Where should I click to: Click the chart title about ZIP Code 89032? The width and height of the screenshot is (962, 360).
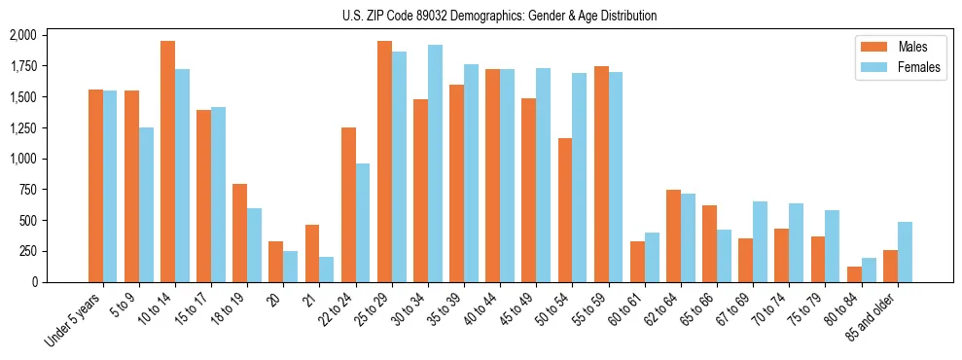tap(499, 16)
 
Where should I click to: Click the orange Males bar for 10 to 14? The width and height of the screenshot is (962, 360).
tap(167, 162)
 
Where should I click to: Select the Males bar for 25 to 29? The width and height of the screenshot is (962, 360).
tap(384, 162)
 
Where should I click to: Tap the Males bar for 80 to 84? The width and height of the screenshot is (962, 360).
tap(854, 274)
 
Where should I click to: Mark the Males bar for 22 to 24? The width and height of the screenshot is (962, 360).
tap(348, 204)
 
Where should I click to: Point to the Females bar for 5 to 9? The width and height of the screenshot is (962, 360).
tap(146, 204)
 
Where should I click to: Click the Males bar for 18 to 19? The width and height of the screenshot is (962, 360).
tap(239, 233)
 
